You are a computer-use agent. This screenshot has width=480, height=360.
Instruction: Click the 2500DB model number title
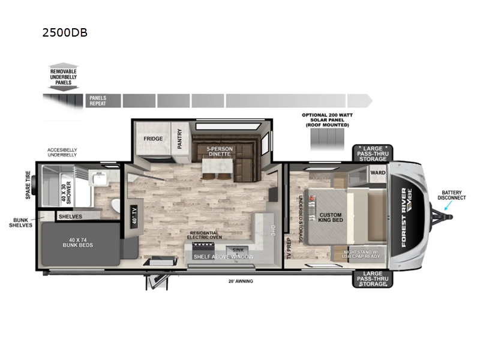[65, 33]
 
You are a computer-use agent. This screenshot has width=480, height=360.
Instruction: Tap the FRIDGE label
[153, 139]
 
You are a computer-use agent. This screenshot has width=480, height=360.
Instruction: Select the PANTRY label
[179, 137]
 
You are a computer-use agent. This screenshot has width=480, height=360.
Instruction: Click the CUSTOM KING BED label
[330, 218]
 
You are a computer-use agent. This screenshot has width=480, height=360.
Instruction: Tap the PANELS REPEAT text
[98, 100]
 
